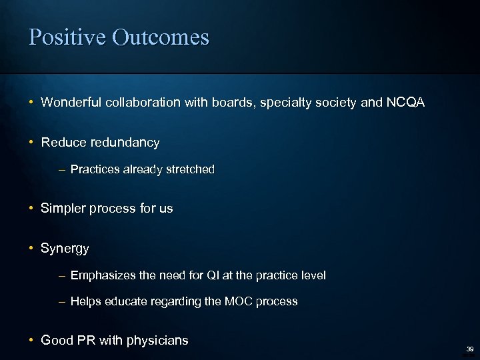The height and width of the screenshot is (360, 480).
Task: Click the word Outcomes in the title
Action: [160, 37]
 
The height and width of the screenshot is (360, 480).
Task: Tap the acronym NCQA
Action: [403, 103]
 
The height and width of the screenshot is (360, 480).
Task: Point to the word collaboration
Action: [141, 103]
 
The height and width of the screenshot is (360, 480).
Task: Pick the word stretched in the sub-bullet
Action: [190, 169]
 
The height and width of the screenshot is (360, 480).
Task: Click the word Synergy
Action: [65, 249]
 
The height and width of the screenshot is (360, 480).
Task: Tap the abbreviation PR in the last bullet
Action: [86, 341]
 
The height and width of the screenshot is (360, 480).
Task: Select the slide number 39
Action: [469, 349]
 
